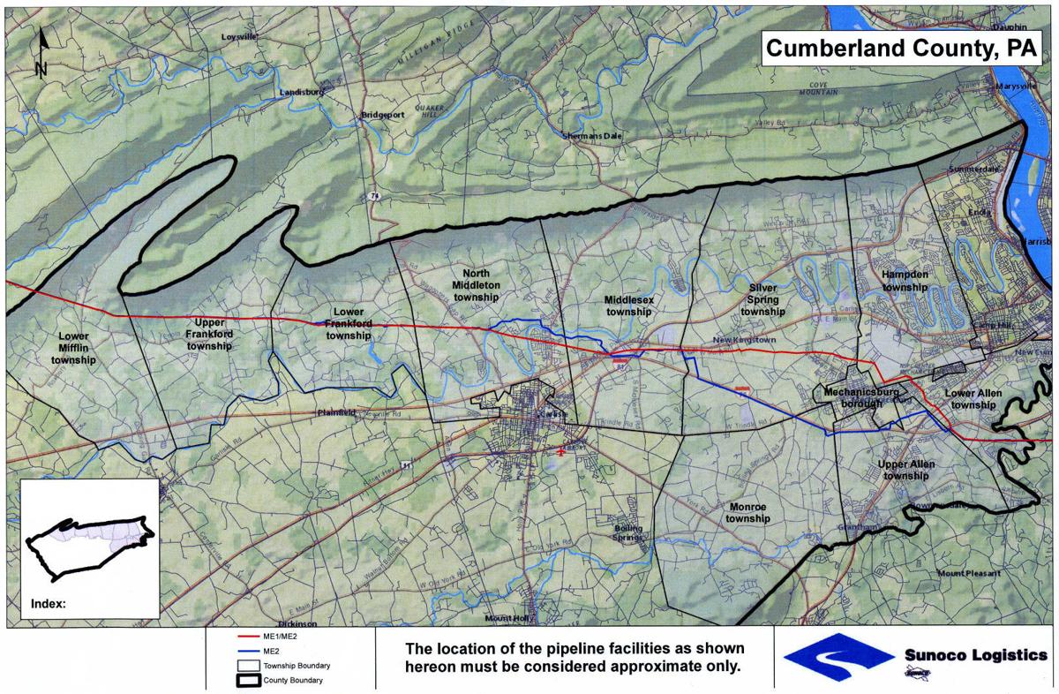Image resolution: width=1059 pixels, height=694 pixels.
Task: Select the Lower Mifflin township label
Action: coord(73,348)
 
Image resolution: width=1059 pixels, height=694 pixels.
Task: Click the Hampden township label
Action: coord(905,281)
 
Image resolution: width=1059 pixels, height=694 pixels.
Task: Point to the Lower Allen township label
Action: coord(969,399)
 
